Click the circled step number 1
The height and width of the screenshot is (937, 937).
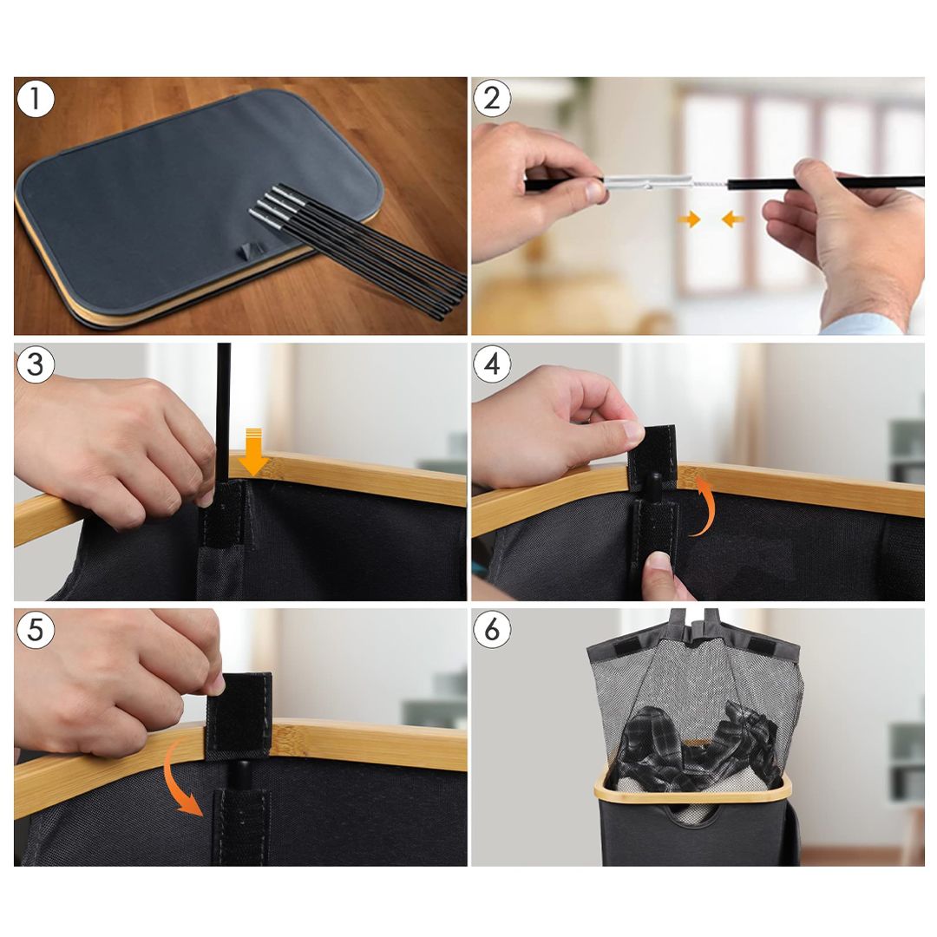coord(36,99)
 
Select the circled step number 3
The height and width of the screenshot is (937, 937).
coord(36,364)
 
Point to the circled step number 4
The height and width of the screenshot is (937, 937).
coord(492,364)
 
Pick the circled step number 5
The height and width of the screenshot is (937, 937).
coord(36,630)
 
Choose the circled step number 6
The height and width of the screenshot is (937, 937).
coord(492,630)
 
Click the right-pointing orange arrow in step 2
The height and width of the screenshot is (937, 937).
coord(690,220)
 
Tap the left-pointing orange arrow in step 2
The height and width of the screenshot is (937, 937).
coord(732,220)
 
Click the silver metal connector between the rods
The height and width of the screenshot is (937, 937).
coord(648,181)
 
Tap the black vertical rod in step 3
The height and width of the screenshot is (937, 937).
coord(222,411)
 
